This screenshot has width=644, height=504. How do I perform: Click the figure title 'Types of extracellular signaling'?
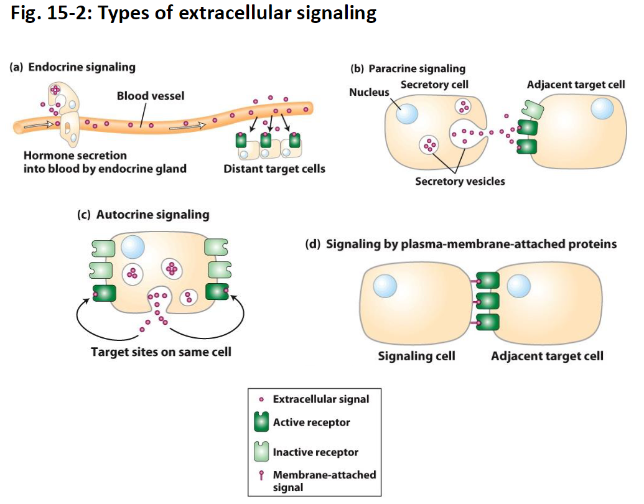click(x=237, y=13)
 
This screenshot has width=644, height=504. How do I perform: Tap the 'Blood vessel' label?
click(x=151, y=96)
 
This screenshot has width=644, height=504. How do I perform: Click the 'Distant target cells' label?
click(x=274, y=169)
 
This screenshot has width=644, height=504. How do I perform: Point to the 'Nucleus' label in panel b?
click(x=369, y=92)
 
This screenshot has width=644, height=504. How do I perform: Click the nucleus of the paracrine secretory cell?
click(x=407, y=114)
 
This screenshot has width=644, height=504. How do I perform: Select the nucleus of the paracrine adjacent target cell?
click(x=602, y=108)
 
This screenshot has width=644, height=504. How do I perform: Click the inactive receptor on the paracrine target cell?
click(x=532, y=110)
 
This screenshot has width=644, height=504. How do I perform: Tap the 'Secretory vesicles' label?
click(x=460, y=181)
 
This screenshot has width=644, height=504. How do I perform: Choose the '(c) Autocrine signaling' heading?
click(x=142, y=215)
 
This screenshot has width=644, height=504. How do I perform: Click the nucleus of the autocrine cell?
click(x=133, y=247)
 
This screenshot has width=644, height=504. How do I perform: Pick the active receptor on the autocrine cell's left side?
click(x=104, y=292)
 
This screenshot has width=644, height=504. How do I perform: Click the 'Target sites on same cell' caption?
click(x=161, y=352)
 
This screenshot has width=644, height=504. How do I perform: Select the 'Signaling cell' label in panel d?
click(x=416, y=356)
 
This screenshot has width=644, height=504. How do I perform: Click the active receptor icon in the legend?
click(x=261, y=423)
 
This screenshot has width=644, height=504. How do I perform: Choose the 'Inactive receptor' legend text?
click(x=315, y=452)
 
